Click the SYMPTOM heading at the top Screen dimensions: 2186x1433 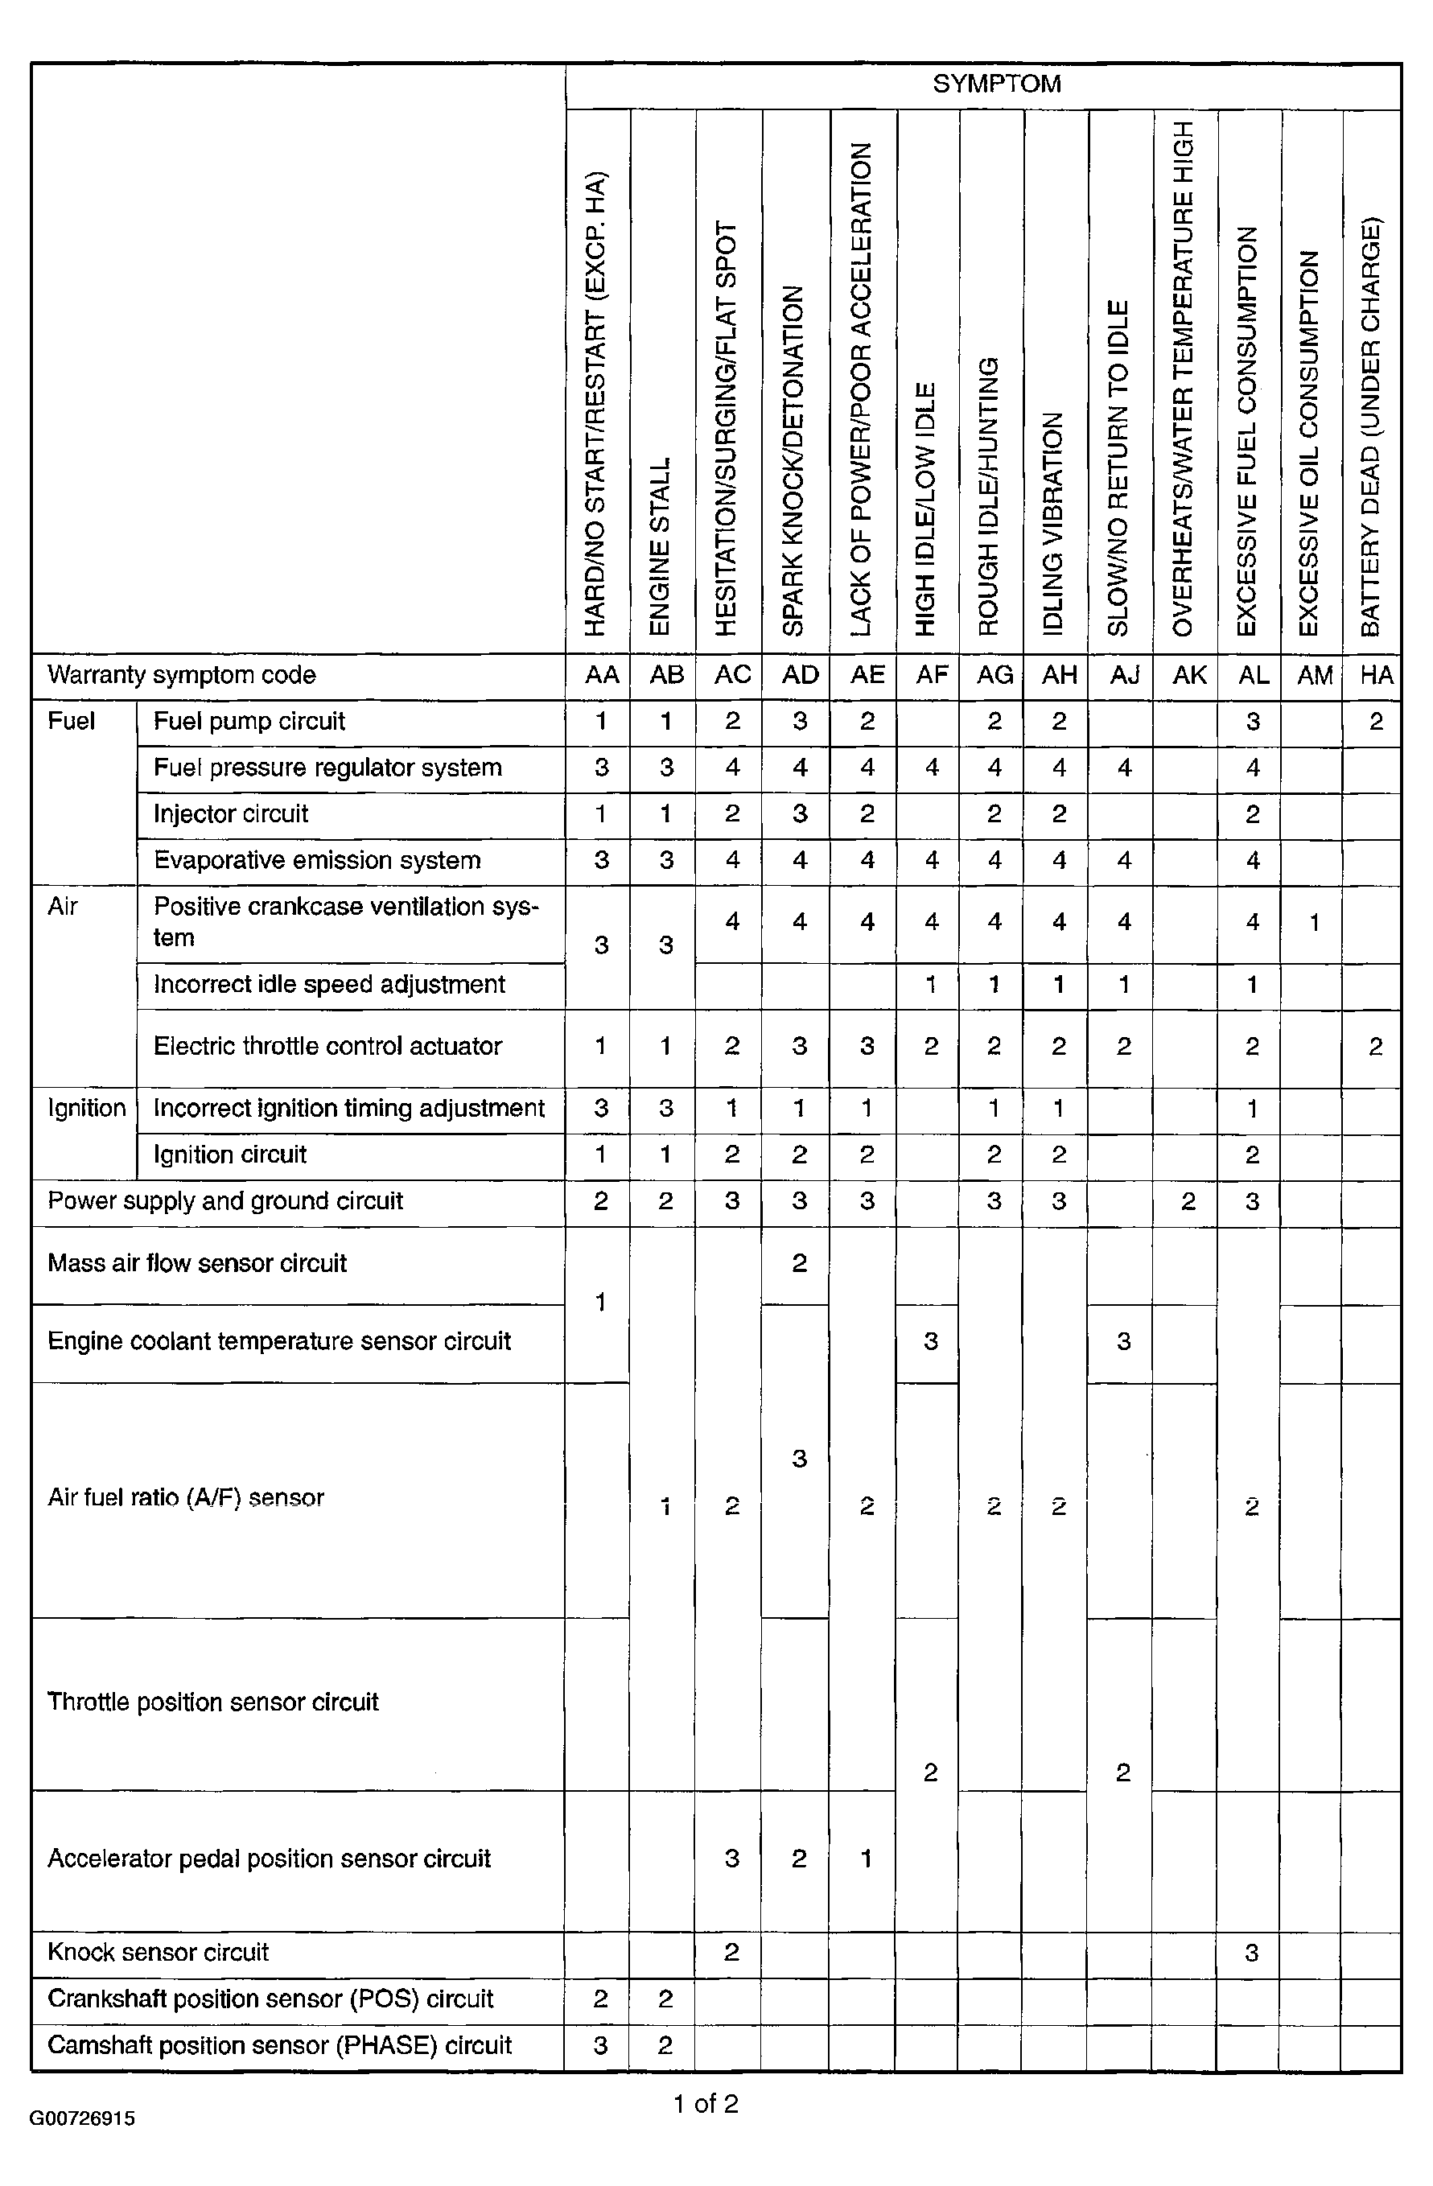click(997, 84)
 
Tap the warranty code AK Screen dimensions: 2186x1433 click(1189, 675)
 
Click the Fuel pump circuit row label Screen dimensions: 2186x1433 click(249, 721)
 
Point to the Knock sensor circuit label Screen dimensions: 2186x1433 click(158, 1952)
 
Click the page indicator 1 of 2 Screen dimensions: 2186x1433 click(706, 2103)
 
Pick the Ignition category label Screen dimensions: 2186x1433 click(86, 1108)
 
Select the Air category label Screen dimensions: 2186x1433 click(63, 907)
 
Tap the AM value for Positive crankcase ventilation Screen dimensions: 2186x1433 click(1315, 922)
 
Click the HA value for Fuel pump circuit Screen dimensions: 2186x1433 click(1375, 721)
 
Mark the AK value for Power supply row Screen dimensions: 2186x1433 click(1188, 1201)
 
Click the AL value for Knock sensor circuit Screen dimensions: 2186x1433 click(1251, 1953)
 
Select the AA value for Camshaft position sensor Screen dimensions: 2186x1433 click(601, 2045)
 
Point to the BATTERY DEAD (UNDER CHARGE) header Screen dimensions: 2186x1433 click(1370, 427)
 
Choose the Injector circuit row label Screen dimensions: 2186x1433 click(231, 813)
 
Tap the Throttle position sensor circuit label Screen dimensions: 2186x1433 click(213, 1702)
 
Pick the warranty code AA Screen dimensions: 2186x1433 click(602, 675)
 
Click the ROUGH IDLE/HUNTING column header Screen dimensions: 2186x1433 click(988, 496)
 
